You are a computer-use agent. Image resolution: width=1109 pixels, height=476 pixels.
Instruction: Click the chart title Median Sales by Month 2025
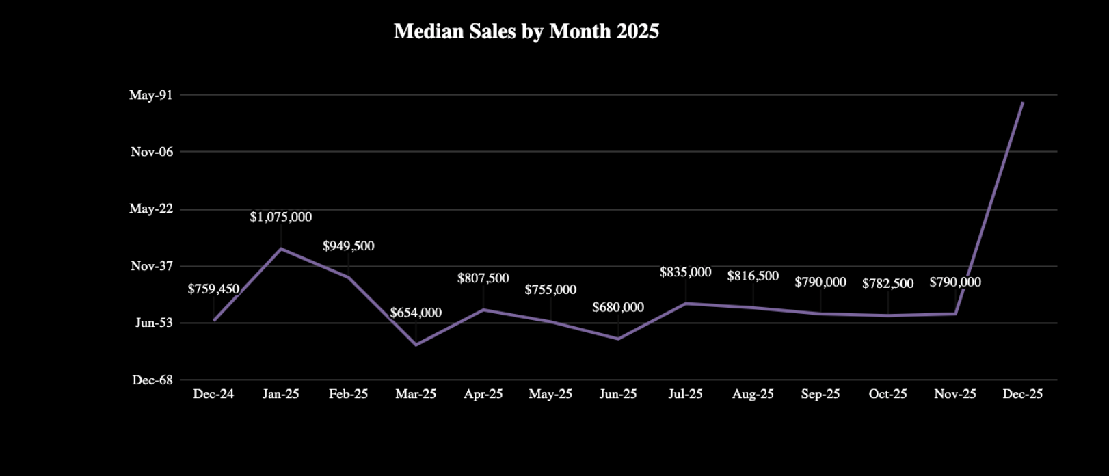tap(526, 31)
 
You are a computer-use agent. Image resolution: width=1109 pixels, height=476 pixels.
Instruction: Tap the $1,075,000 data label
tap(280, 217)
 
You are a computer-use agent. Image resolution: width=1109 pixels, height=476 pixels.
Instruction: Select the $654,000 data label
tap(416, 313)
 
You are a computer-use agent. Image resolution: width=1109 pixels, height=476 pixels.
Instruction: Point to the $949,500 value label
tap(348, 246)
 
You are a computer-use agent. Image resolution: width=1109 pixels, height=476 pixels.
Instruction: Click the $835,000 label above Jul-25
tap(685, 272)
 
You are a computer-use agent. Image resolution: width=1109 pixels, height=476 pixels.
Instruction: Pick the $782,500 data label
tap(887, 283)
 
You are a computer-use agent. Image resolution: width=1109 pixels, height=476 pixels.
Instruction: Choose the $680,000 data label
tap(618, 307)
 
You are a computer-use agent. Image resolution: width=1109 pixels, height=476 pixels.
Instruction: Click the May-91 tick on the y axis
tap(151, 95)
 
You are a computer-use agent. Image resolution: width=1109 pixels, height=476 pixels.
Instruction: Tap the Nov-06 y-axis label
tap(152, 152)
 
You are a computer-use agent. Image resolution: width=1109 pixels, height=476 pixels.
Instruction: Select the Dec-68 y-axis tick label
tap(152, 380)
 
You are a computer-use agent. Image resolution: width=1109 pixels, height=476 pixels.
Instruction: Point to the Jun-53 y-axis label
tap(154, 322)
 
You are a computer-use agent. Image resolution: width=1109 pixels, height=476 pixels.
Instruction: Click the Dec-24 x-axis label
tap(213, 394)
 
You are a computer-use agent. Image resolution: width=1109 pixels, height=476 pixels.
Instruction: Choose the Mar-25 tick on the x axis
tap(416, 394)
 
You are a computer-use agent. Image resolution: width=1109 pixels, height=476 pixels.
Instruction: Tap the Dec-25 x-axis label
tap(1022, 394)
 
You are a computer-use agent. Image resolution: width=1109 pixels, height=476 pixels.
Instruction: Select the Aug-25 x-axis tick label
tap(753, 394)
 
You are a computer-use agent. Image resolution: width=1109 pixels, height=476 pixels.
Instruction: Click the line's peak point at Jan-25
tap(281, 248)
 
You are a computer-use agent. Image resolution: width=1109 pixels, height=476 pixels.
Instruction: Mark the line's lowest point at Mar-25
tap(416, 345)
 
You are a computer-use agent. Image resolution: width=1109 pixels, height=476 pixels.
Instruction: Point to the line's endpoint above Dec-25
tap(1023, 103)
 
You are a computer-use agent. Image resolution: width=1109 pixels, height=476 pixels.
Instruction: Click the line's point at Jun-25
tap(618, 339)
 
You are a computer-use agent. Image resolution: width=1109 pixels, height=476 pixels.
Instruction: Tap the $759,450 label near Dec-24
tap(213, 289)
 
